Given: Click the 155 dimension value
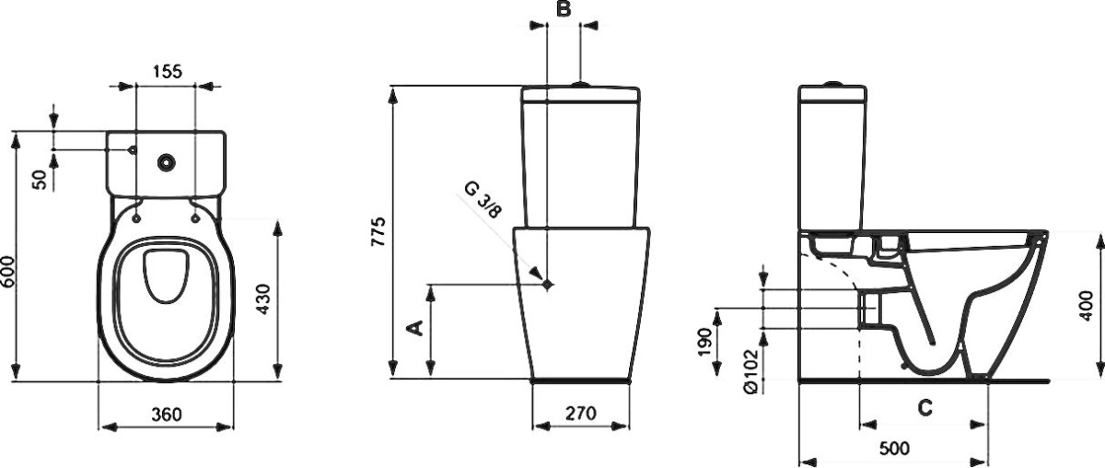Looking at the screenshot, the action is coord(168,72).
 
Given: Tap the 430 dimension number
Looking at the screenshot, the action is coord(263,299).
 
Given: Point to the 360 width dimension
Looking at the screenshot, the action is coord(167,414).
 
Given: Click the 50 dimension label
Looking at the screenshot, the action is coord(40,180).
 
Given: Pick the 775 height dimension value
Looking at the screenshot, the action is coord(378,231).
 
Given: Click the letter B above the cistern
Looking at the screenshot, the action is coord(564,9).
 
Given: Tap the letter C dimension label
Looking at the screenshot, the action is coord(925,408).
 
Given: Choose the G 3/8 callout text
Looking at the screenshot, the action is coord(483,200).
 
